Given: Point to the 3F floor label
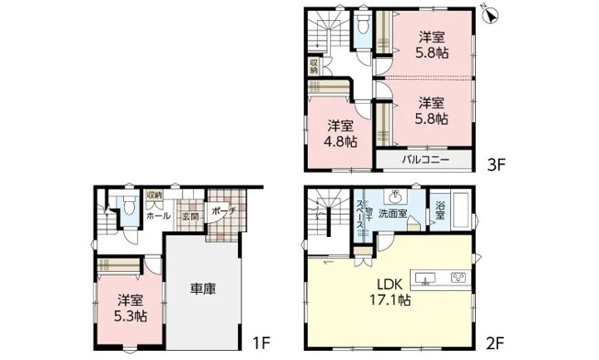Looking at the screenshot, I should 497,166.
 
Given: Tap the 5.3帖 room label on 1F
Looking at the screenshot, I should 129,307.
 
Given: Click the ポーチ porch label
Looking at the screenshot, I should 223,210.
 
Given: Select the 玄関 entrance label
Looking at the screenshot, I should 189,216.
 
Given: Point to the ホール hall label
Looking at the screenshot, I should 156,216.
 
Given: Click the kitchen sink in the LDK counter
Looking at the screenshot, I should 425,277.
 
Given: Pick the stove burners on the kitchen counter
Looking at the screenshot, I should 456,277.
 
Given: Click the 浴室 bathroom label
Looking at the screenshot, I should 440,210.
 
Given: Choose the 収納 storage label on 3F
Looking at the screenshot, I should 314,66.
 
